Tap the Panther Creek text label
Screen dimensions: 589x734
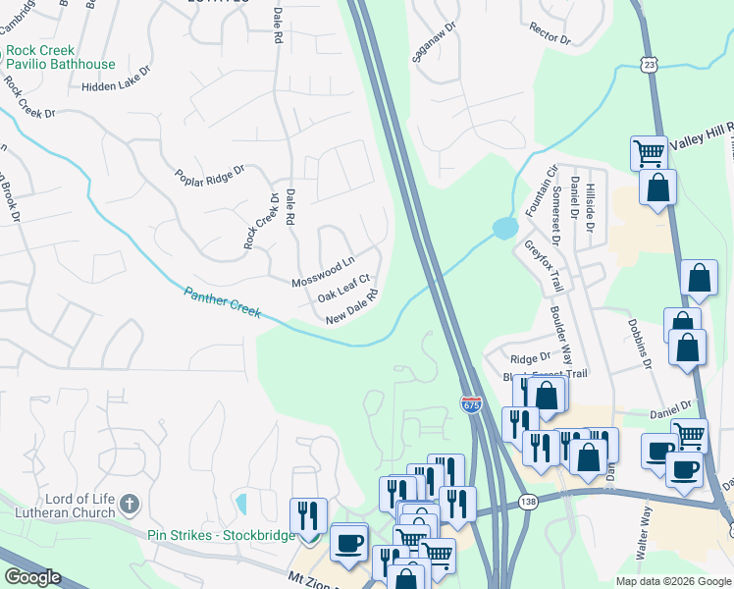tap(223, 300)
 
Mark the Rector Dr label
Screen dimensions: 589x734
tap(550, 34)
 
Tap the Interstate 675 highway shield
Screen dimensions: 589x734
tap(471, 404)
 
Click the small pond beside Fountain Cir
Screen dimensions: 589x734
tap(503, 229)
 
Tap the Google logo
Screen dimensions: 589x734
tap(32, 577)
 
